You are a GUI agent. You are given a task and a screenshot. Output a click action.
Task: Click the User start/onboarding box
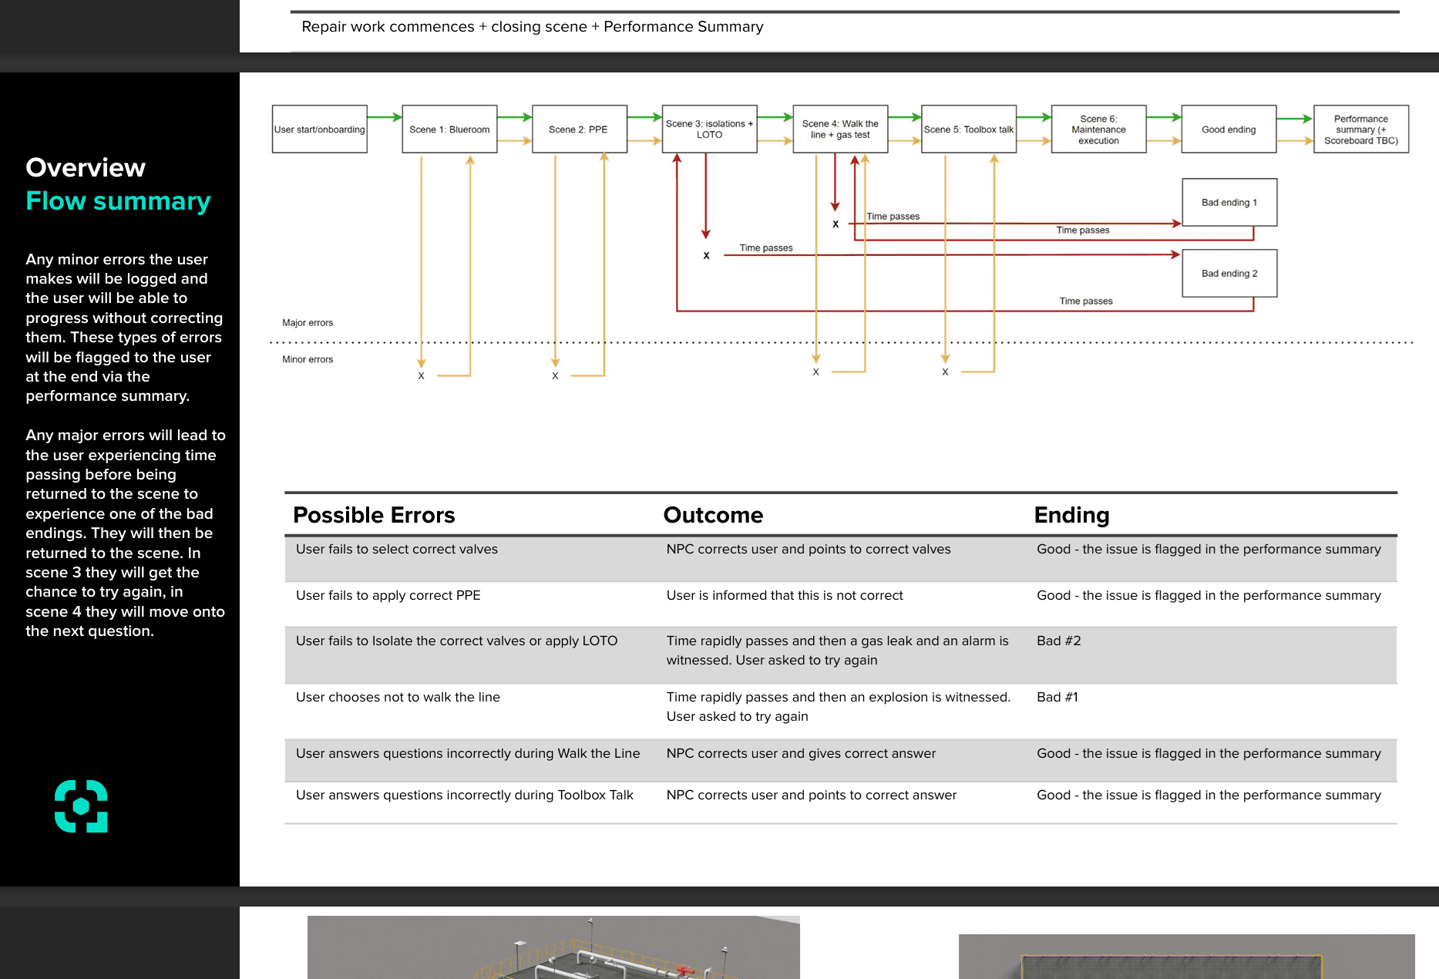click(x=319, y=130)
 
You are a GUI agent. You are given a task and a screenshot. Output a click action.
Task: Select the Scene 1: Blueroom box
click(x=449, y=130)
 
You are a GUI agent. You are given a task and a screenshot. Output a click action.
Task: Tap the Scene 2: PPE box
click(x=579, y=130)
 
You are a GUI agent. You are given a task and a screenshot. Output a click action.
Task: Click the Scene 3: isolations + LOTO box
click(x=709, y=130)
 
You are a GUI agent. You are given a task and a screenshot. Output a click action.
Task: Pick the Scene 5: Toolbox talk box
click(x=968, y=130)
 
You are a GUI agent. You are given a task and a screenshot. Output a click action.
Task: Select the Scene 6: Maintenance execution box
click(x=1098, y=130)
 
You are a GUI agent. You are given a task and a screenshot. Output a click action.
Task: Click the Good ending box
click(x=1229, y=130)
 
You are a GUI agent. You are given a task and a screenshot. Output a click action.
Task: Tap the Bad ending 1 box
click(x=1229, y=203)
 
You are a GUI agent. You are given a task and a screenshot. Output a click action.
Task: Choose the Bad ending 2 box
click(x=1229, y=274)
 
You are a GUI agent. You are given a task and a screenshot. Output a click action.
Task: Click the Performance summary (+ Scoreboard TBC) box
click(x=1361, y=130)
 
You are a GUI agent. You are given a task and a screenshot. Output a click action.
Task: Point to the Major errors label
click(x=308, y=323)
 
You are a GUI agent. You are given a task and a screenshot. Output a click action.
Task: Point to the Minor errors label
click(x=308, y=359)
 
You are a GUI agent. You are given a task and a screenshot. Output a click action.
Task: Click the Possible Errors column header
click(x=374, y=515)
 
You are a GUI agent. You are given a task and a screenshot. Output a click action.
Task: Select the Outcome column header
click(x=713, y=515)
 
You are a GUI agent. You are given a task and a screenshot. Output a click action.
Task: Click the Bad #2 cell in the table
click(x=1059, y=641)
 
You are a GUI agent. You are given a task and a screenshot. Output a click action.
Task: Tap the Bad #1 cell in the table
click(x=1057, y=698)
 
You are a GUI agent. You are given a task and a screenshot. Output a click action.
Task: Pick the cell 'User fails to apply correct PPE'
click(x=388, y=596)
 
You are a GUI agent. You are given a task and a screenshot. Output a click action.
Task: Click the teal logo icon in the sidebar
click(x=81, y=806)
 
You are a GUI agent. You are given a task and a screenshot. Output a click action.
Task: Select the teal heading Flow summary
click(x=118, y=201)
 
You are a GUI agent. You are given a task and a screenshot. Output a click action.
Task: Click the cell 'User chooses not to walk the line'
click(x=398, y=698)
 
